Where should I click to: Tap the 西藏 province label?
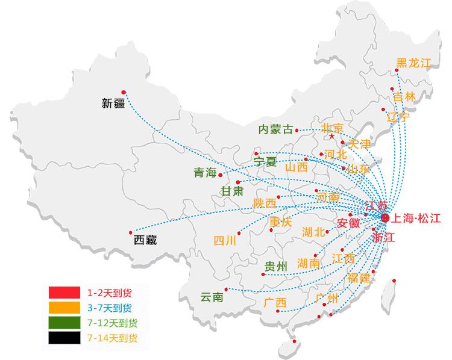[145, 240]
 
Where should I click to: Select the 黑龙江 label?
[414, 63]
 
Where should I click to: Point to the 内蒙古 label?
[275, 129]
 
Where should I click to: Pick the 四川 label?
[225, 241]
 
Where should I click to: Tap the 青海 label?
[204, 173]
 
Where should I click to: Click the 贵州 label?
[276, 267]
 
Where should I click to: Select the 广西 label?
[275, 303]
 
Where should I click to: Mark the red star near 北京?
[331, 137]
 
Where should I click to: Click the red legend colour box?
[64, 293]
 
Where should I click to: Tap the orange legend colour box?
[64, 308]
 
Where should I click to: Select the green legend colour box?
[64, 323]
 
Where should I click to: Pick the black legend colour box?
[64, 338]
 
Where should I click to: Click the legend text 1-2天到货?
[109, 293]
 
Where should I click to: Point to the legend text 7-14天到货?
[112, 338]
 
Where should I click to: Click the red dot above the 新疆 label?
[124, 91]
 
